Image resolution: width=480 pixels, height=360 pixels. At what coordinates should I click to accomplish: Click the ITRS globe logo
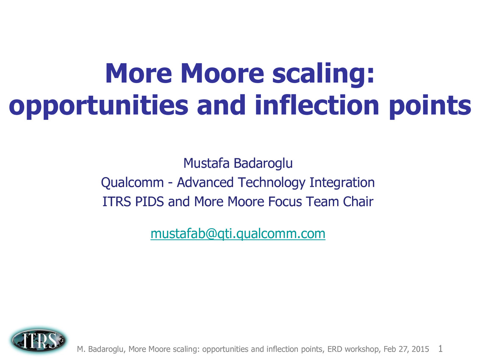39,340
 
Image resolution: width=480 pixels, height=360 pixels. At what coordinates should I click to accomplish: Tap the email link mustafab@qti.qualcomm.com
238,233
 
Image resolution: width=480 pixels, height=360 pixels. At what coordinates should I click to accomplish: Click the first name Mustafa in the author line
206,163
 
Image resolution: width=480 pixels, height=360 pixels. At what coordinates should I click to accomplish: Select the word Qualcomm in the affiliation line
132,183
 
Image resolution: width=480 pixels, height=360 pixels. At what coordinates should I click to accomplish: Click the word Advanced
205,183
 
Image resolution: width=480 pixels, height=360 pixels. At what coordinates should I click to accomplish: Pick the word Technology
272,183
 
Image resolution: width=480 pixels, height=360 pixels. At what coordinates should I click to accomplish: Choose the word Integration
342,183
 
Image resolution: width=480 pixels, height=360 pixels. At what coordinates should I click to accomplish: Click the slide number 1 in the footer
440,349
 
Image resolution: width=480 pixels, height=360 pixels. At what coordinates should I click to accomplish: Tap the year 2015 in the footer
420,349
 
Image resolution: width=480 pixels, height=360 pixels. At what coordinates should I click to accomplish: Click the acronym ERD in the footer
335,349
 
